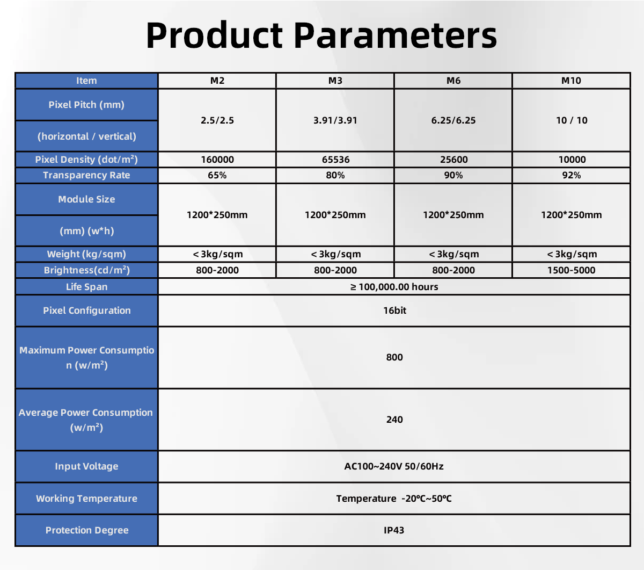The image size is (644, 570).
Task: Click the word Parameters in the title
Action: (395, 35)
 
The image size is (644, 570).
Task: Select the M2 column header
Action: (217, 81)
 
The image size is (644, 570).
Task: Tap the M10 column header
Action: (571, 81)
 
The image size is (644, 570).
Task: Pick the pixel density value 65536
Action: (335, 160)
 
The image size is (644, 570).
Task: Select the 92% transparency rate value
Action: (572, 175)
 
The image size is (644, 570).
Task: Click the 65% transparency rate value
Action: (217, 175)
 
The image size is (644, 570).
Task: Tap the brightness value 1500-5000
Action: (571, 270)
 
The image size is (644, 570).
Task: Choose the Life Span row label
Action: (86, 287)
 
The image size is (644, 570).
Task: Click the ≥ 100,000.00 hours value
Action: (394, 287)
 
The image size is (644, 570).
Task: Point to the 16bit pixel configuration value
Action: (394, 311)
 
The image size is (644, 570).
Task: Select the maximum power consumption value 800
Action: (394, 357)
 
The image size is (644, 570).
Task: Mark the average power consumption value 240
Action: (394, 420)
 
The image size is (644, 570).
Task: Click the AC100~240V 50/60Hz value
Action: (394, 466)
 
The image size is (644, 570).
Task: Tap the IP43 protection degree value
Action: (394, 530)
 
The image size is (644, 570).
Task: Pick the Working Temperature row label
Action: (86, 499)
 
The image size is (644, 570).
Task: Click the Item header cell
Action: (86, 81)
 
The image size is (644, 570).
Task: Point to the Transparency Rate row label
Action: (86, 175)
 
